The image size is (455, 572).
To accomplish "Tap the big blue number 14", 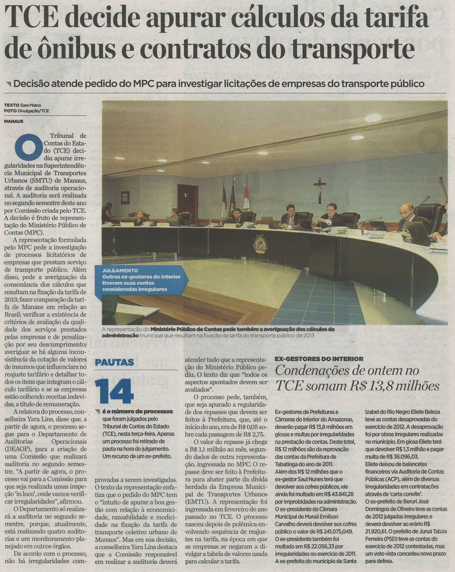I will click(114, 391).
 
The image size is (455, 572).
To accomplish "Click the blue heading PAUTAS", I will click(114, 362).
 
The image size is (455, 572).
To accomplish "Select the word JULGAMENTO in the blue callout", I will click(120, 271).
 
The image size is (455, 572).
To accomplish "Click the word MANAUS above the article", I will click(13, 121).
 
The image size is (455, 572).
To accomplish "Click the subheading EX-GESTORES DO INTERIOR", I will click(319, 359).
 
